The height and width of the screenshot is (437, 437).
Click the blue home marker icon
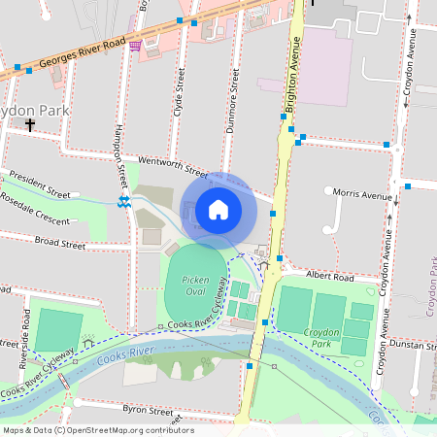click(218, 209)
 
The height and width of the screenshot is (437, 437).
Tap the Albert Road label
click(326, 276)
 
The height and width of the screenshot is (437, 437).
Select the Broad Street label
click(60, 240)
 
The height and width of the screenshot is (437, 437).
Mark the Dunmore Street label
click(233, 98)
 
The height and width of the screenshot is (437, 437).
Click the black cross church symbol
click(30, 125)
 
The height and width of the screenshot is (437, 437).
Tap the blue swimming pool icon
click(123, 201)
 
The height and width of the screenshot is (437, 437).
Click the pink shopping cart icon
click(134, 45)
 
